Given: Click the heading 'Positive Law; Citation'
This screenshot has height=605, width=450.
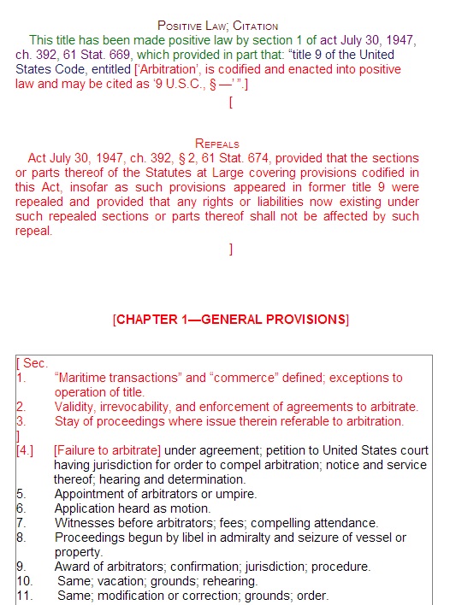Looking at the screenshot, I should coord(218,26).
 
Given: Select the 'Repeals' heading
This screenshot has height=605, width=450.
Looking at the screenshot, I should coord(217,144).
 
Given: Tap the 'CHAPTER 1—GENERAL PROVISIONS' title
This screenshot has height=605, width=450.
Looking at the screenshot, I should coord(230,320).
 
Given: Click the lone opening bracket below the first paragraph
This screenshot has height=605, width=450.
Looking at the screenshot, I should coord(231,103).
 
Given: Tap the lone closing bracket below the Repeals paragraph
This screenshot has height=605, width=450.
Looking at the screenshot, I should coord(231,249).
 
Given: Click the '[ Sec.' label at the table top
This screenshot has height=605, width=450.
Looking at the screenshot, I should coord(33,363).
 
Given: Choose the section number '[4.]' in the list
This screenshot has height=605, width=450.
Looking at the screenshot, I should coord(26,449).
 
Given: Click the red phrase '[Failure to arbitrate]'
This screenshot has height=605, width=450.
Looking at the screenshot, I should coord(107,449).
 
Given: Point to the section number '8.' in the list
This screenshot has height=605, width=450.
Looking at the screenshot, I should coord(21,537).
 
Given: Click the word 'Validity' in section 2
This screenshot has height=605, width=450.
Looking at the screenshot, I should coord(75,406).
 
